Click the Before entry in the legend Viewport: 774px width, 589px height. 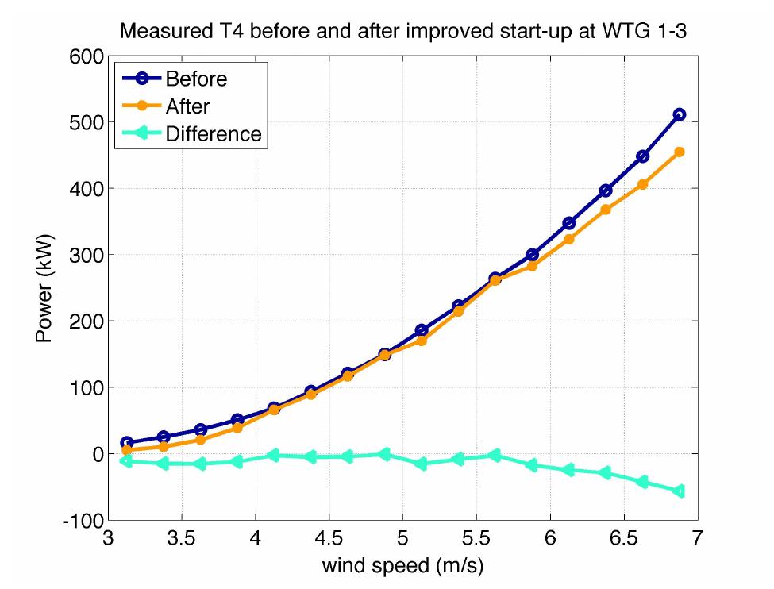pyautogui.click(x=196, y=79)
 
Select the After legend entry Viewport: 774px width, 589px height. pyautogui.click(x=187, y=106)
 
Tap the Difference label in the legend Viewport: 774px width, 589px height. pyautogui.click(x=213, y=133)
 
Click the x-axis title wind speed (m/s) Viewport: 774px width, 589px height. pyautogui.click(x=402, y=566)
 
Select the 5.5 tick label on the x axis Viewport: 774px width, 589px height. pyautogui.click(x=476, y=541)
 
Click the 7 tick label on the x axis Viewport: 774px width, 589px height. pyautogui.click(x=697, y=541)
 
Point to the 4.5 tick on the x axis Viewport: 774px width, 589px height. pyautogui.click(x=329, y=541)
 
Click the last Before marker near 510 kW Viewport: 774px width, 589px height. pyautogui.click(x=679, y=115)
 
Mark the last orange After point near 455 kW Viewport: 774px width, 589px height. pyautogui.click(x=679, y=152)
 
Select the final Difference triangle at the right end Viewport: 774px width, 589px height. pyautogui.click(x=679, y=491)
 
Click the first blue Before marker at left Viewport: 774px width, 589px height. pyautogui.click(x=126, y=443)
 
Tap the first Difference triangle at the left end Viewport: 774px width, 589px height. pyautogui.click(x=125, y=461)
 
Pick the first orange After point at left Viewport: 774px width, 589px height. pyautogui.click(x=126, y=450)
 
